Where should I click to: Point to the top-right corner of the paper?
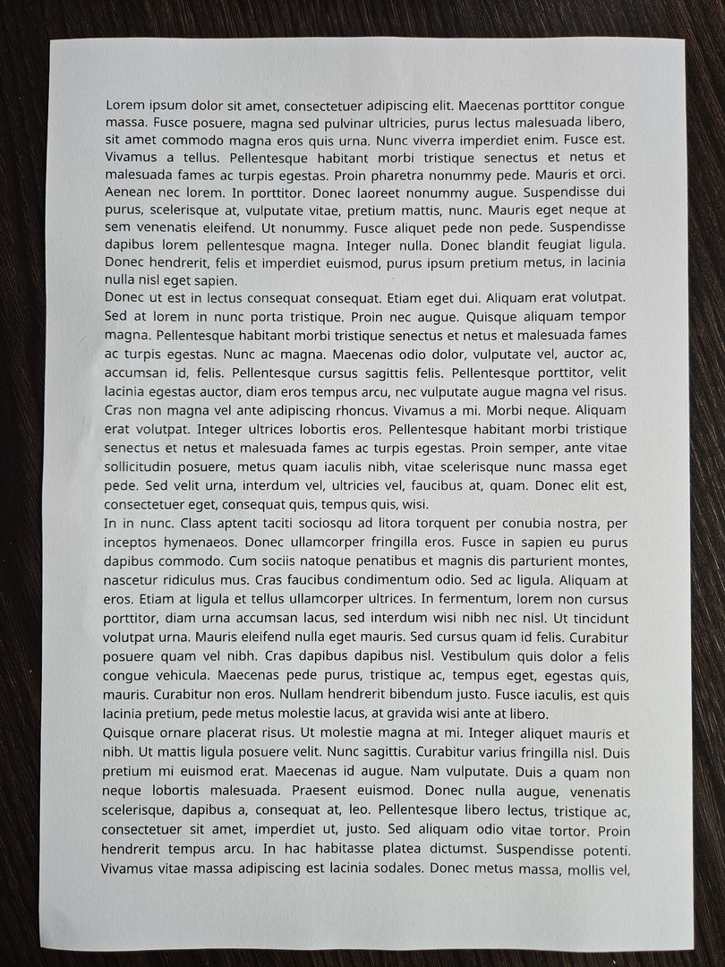click(685, 41)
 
